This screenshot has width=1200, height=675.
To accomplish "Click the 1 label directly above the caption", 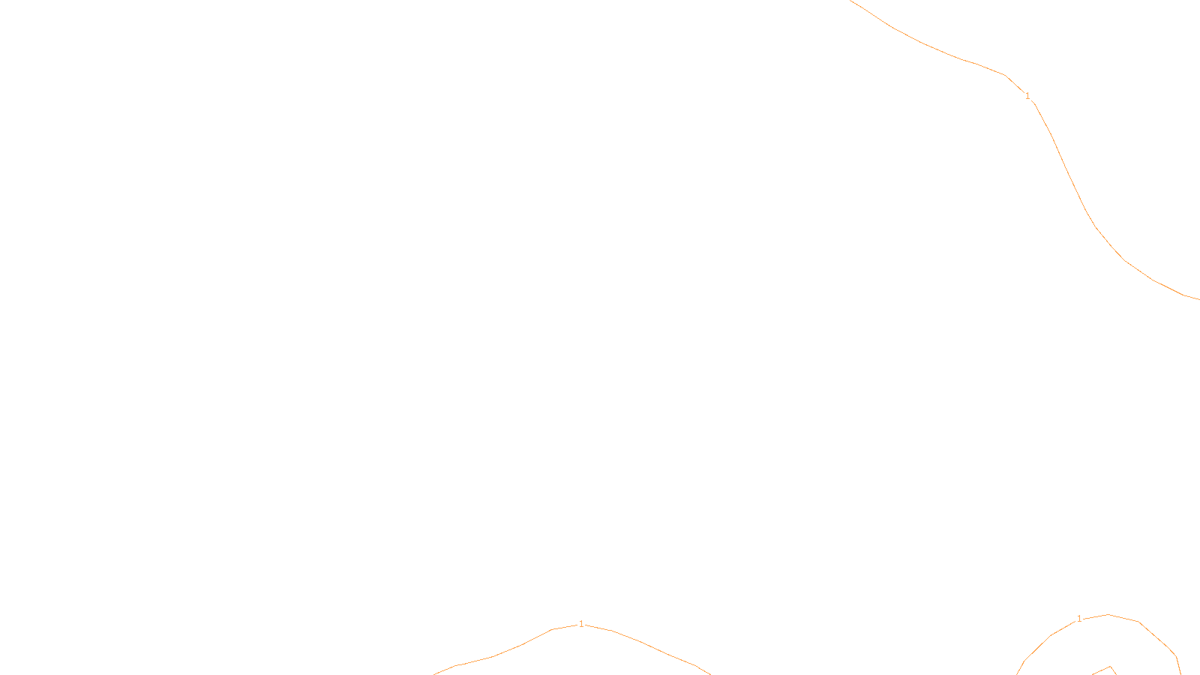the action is (581, 624).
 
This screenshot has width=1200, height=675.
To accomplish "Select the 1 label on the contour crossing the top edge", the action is (1027, 96).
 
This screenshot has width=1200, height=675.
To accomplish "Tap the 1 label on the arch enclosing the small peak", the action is (1079, 619).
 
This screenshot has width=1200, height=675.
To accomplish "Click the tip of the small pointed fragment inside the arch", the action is (1111, 666).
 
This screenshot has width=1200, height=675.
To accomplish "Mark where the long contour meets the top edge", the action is (850, 1).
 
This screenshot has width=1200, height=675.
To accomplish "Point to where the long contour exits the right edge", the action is (1198, 299).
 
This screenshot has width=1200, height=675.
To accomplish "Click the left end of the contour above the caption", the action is (434, 673).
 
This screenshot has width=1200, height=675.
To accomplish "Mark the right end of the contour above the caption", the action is (709, 673).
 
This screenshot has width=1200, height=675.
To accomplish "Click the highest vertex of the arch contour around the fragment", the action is (1108, 614).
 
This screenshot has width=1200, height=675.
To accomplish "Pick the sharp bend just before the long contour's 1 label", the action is (1005, 76).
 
